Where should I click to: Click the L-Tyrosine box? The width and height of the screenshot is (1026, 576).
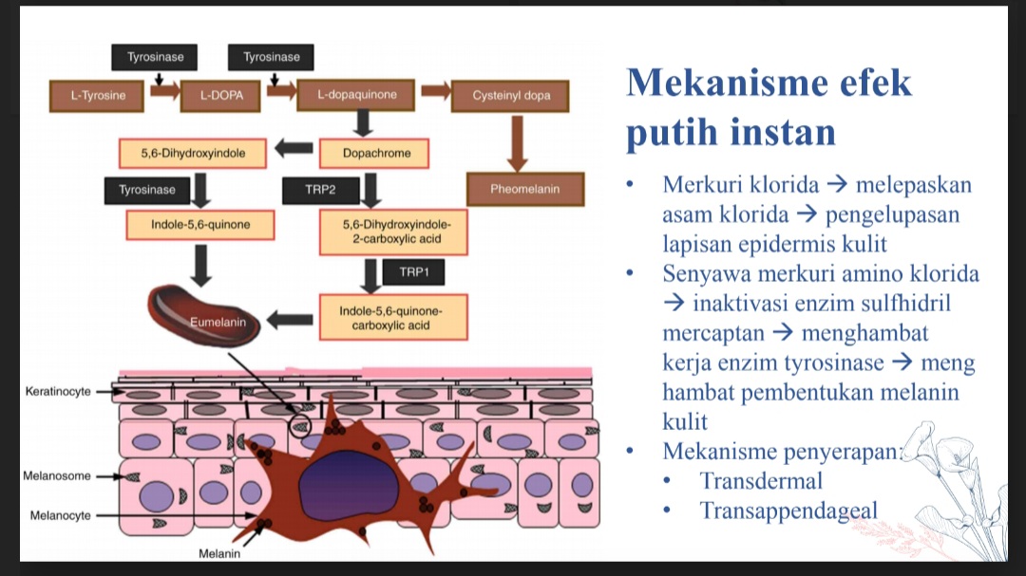(x=98, y=95)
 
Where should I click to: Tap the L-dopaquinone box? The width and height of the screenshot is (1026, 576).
(x=357, y=95)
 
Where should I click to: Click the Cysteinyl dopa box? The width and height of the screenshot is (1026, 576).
(x=511, y=95)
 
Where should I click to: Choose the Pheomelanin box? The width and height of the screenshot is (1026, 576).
(x=524, y=189)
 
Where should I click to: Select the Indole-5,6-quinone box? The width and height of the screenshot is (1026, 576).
(x=200, y=225)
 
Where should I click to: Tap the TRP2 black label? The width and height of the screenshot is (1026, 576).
(x=320, y=190)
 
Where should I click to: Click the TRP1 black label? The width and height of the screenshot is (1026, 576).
(x=413, y=272)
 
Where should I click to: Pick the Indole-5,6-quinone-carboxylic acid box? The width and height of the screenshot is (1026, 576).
(x=391, y=318)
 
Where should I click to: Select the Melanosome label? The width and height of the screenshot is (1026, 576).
(x=58, y=475)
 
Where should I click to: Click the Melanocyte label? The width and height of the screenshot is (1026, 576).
(x=60, y=515)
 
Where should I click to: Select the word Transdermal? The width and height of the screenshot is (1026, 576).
(x=761, y=481)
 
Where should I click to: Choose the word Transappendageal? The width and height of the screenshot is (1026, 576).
(x=788, y=511)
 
